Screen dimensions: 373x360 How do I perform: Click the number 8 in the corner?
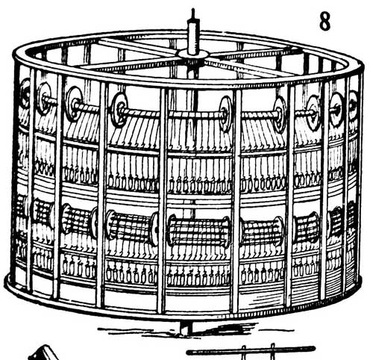[325, 22]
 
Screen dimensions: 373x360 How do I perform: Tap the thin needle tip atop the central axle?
[193, 13]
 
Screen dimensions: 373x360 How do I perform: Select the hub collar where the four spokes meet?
[192, 54]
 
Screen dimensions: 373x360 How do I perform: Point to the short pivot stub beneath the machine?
[186, 328]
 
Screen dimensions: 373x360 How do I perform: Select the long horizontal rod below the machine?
[251, 352]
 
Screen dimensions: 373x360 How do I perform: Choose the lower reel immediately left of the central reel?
[132, 227]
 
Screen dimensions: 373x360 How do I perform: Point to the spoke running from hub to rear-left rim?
[140, 46]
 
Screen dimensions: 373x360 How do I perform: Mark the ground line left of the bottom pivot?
[140, 331]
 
